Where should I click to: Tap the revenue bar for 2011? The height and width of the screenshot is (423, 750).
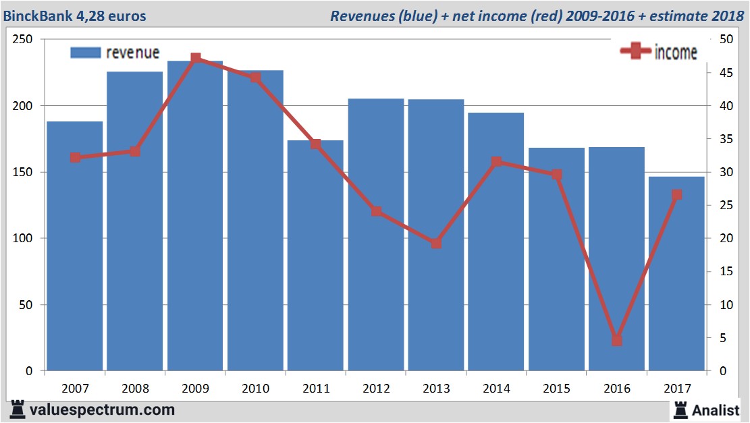[x=315, y=256]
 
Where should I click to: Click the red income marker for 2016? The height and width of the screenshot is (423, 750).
[x=616, y=341]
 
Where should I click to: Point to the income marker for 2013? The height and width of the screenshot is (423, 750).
[x=436, y=243]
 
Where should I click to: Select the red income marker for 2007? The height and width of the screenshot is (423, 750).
[x=75, y=158]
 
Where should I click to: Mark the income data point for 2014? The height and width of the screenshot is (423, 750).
[x=496, y=162]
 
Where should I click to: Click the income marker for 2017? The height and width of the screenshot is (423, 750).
[x=676, y=195]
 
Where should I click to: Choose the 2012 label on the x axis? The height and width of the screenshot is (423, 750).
[x=375, y=389]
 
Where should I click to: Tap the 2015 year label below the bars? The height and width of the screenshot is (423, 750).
[x=556, y=389]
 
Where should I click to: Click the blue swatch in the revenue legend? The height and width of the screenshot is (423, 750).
[x=85, y=53]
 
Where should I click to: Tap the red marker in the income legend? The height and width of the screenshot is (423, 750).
[x=636, y=51]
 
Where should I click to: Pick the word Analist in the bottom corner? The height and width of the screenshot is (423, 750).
[x=717, y=410]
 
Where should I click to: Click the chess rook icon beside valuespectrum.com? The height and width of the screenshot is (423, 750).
[x=18, y=410]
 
